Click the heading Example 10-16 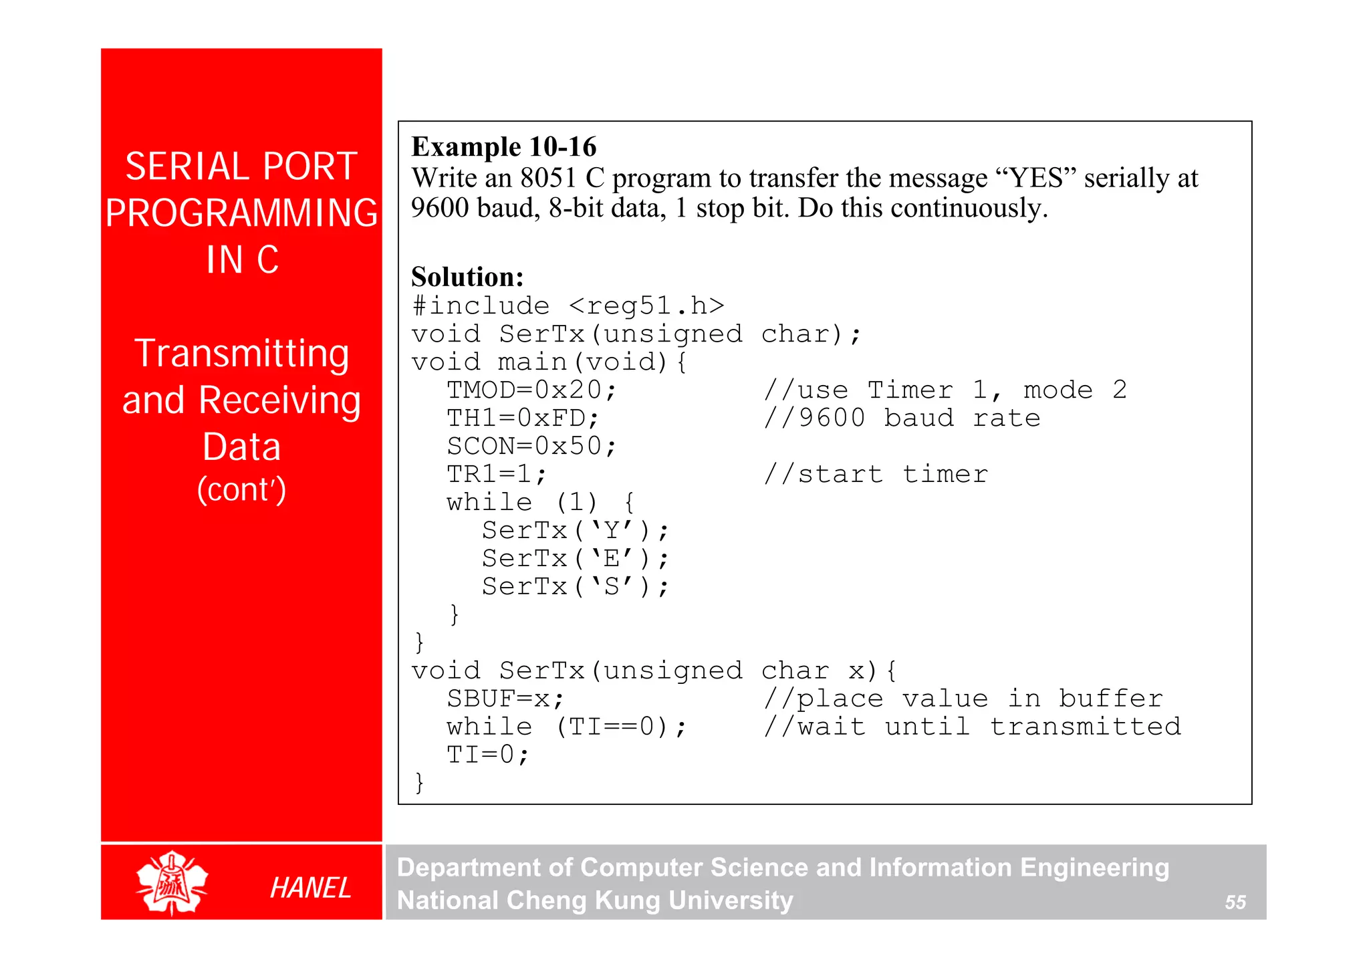tap(503, 147)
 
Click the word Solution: tap(467, 277)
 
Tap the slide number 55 tap(1235, 902)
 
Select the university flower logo tap(172, 882)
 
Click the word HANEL tap(310, 888)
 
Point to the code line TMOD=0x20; tap(531, 390)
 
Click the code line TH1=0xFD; tap(523, 418)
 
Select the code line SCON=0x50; tap(531, 446)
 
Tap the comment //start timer tap(876, 474)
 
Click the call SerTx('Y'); tap(575, 530)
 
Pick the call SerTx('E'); tap(575, 558)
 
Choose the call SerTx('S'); tap(575, 586)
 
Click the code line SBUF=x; tap(505, 699)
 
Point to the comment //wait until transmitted tap(973, 727)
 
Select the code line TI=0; tap(488, 755)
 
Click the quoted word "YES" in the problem tap(1035, 178)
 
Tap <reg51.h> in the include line tap(646, 306)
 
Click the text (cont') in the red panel tap(241, 489)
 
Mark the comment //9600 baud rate tap(902, 418)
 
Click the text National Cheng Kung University tap(595, 900)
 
